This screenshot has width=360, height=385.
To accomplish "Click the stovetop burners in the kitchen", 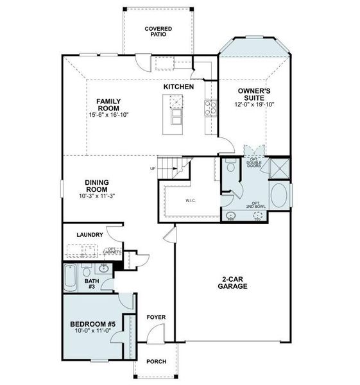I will pos(209,107).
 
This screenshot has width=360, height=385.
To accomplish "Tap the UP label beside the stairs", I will pos(152,169).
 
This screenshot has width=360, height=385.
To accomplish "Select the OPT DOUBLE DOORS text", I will pos(253,163).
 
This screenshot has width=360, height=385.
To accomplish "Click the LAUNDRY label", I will pos(90,235).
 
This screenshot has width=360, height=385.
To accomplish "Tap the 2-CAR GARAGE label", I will pos(235,283).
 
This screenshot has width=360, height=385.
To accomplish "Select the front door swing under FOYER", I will pos(152,334).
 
